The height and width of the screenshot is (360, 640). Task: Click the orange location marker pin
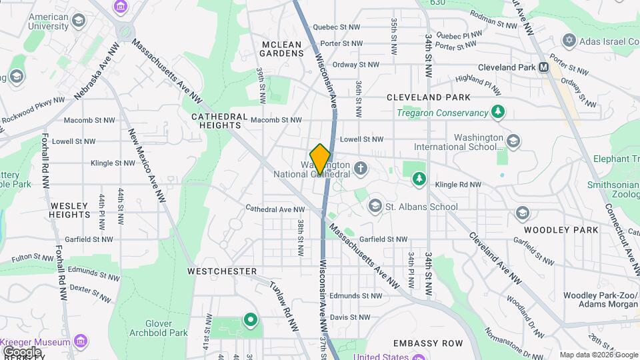coord(320,159)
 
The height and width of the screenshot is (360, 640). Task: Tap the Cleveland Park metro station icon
coord(543,67)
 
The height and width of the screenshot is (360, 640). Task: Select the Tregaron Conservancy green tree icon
coord(497,111)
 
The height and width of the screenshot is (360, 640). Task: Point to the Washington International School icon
coord(513,141)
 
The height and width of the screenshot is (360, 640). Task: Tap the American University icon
coord(78,21)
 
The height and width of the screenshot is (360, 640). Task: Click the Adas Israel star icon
coord(569,41)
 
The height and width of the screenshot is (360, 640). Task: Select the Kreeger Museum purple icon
coord(81,342)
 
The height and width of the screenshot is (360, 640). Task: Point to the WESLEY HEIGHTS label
coord(69,210)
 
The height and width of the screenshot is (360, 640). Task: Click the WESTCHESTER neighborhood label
coord(222,271)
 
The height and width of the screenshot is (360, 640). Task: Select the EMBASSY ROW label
coord(427,343)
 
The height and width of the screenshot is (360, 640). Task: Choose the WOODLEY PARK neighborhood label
coord(561,229)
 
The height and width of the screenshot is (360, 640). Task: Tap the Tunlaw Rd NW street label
coord(284,305)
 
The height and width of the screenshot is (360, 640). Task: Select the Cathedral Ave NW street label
coord(275,209)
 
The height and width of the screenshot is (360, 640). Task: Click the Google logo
coord(21,351)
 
